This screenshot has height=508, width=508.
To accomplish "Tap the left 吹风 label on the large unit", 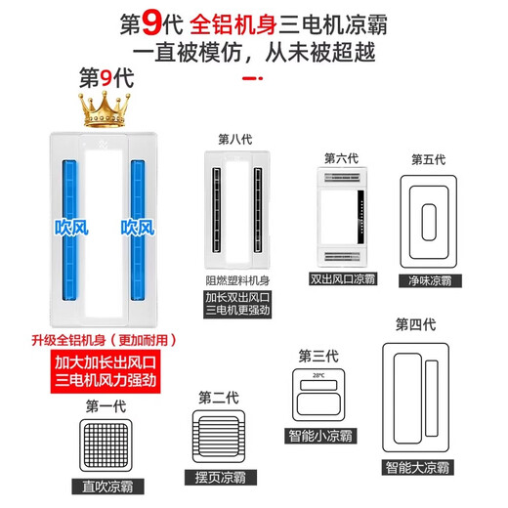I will pos(69,227).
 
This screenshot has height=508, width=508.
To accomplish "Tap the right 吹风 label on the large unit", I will pos(138,227).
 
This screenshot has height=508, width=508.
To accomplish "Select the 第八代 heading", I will pos(235,138).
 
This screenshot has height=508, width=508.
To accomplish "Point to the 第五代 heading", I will pos(428,159).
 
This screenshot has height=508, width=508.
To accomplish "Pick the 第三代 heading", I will pos(317,355).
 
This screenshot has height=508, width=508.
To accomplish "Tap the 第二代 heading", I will pos(218,397).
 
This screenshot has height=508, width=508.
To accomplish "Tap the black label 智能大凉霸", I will pos(416,467).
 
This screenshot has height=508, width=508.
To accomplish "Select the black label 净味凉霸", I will pos(430,279).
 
